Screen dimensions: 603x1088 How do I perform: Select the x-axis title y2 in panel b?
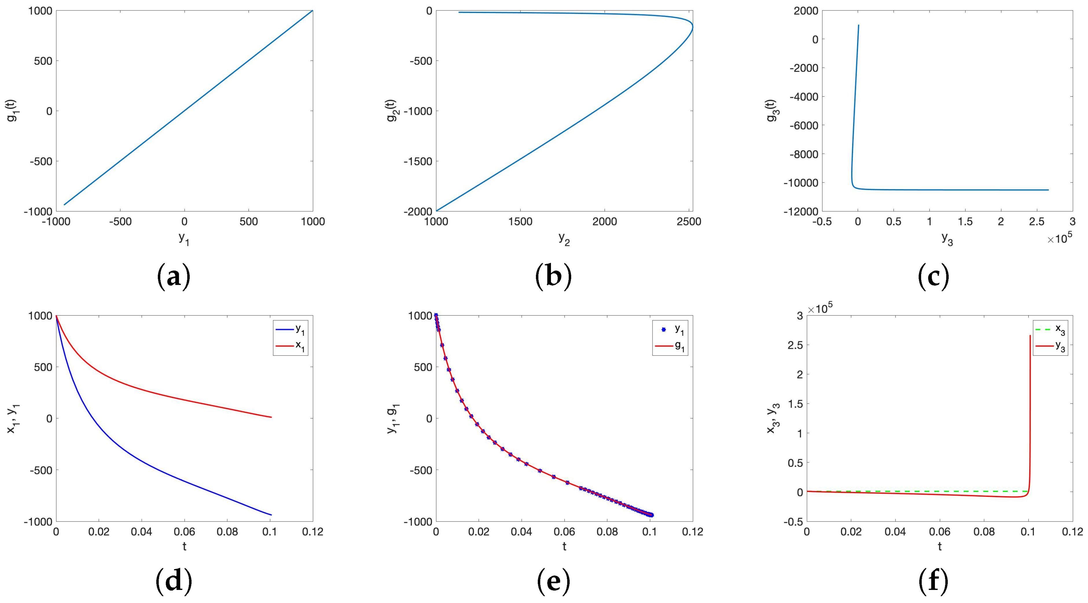[564, 239]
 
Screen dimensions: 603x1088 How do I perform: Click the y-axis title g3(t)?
[773, 111]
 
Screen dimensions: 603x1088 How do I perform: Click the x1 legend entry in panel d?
[300, 345]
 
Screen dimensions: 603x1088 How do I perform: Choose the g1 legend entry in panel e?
[680, 345]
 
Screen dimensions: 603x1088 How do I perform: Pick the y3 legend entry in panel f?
[1060, 345]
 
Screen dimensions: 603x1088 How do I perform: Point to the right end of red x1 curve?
[271, 417]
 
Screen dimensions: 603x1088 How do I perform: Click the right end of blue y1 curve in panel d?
[271, 515]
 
